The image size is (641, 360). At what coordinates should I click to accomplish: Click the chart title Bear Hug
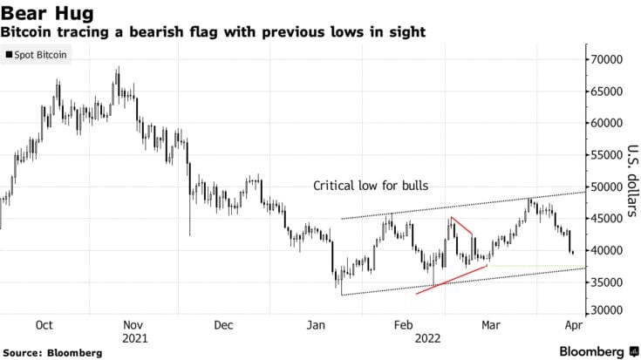(x=47, y=13)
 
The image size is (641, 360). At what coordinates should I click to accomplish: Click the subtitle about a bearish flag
(x=213, y=32)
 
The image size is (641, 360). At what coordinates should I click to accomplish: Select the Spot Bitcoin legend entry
(x=36, y=55)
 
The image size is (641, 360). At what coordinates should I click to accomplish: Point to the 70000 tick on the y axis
(x=607, y=59)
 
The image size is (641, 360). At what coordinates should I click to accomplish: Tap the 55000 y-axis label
(x=607, y=155)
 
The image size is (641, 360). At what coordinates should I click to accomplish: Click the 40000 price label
(x=607, y=250)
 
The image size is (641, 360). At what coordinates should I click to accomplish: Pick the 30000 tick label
(x=607, y=310)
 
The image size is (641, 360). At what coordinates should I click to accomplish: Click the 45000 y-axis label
(x=607, y=219)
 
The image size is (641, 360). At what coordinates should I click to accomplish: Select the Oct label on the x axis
(x=44, y=325)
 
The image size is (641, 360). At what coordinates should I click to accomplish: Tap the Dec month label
(x=223, y=325)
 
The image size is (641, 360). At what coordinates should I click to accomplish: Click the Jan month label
(x=316, y=325)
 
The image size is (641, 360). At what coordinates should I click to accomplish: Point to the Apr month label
(x=574, y=325)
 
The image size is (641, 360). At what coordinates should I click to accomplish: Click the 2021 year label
(x=135, y=339)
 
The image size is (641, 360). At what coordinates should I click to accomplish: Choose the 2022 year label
(x=428, y=339)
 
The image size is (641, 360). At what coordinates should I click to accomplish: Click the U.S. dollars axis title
(x=633, y=180)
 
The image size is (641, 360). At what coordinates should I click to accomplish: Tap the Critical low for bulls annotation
(x=371, y=186)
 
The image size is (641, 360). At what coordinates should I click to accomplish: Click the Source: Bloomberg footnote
(x=52, y=353)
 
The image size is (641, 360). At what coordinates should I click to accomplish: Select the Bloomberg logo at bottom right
(x=599, y=351)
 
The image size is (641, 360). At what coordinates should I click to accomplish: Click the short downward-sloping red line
(x=462, y=226)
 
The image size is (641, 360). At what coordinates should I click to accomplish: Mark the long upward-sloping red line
(x=452, y=280)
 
